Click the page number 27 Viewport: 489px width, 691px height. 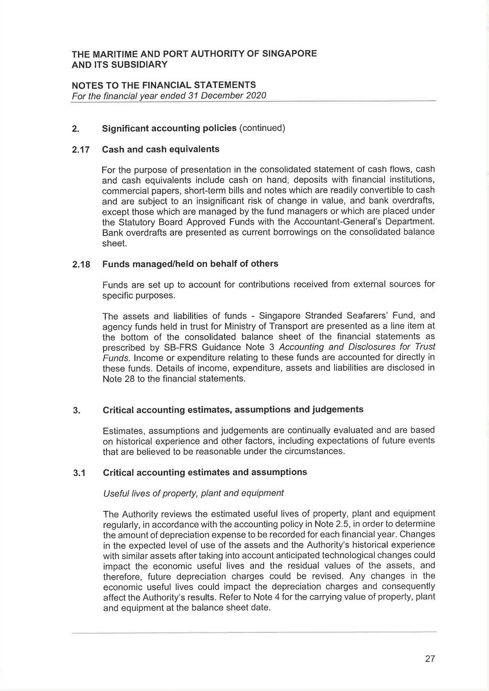click(x=430, y=659)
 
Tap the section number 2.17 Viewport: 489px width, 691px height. click(x=81, y=150)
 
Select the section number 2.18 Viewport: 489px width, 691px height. click(x=81, y=264)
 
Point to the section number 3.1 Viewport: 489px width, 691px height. click(x=79, y=473)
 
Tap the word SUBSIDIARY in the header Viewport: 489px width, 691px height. click(x=140, y=64)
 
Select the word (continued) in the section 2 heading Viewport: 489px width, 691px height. click(x=262, y=128)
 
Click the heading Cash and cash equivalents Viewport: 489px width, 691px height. click(x=161, y=149)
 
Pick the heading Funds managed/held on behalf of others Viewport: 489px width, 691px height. click(x=190, y=264)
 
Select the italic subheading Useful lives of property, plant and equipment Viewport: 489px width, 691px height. click(x=194, y=493)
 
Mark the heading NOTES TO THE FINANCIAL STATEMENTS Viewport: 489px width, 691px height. click(x=164, y=85)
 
